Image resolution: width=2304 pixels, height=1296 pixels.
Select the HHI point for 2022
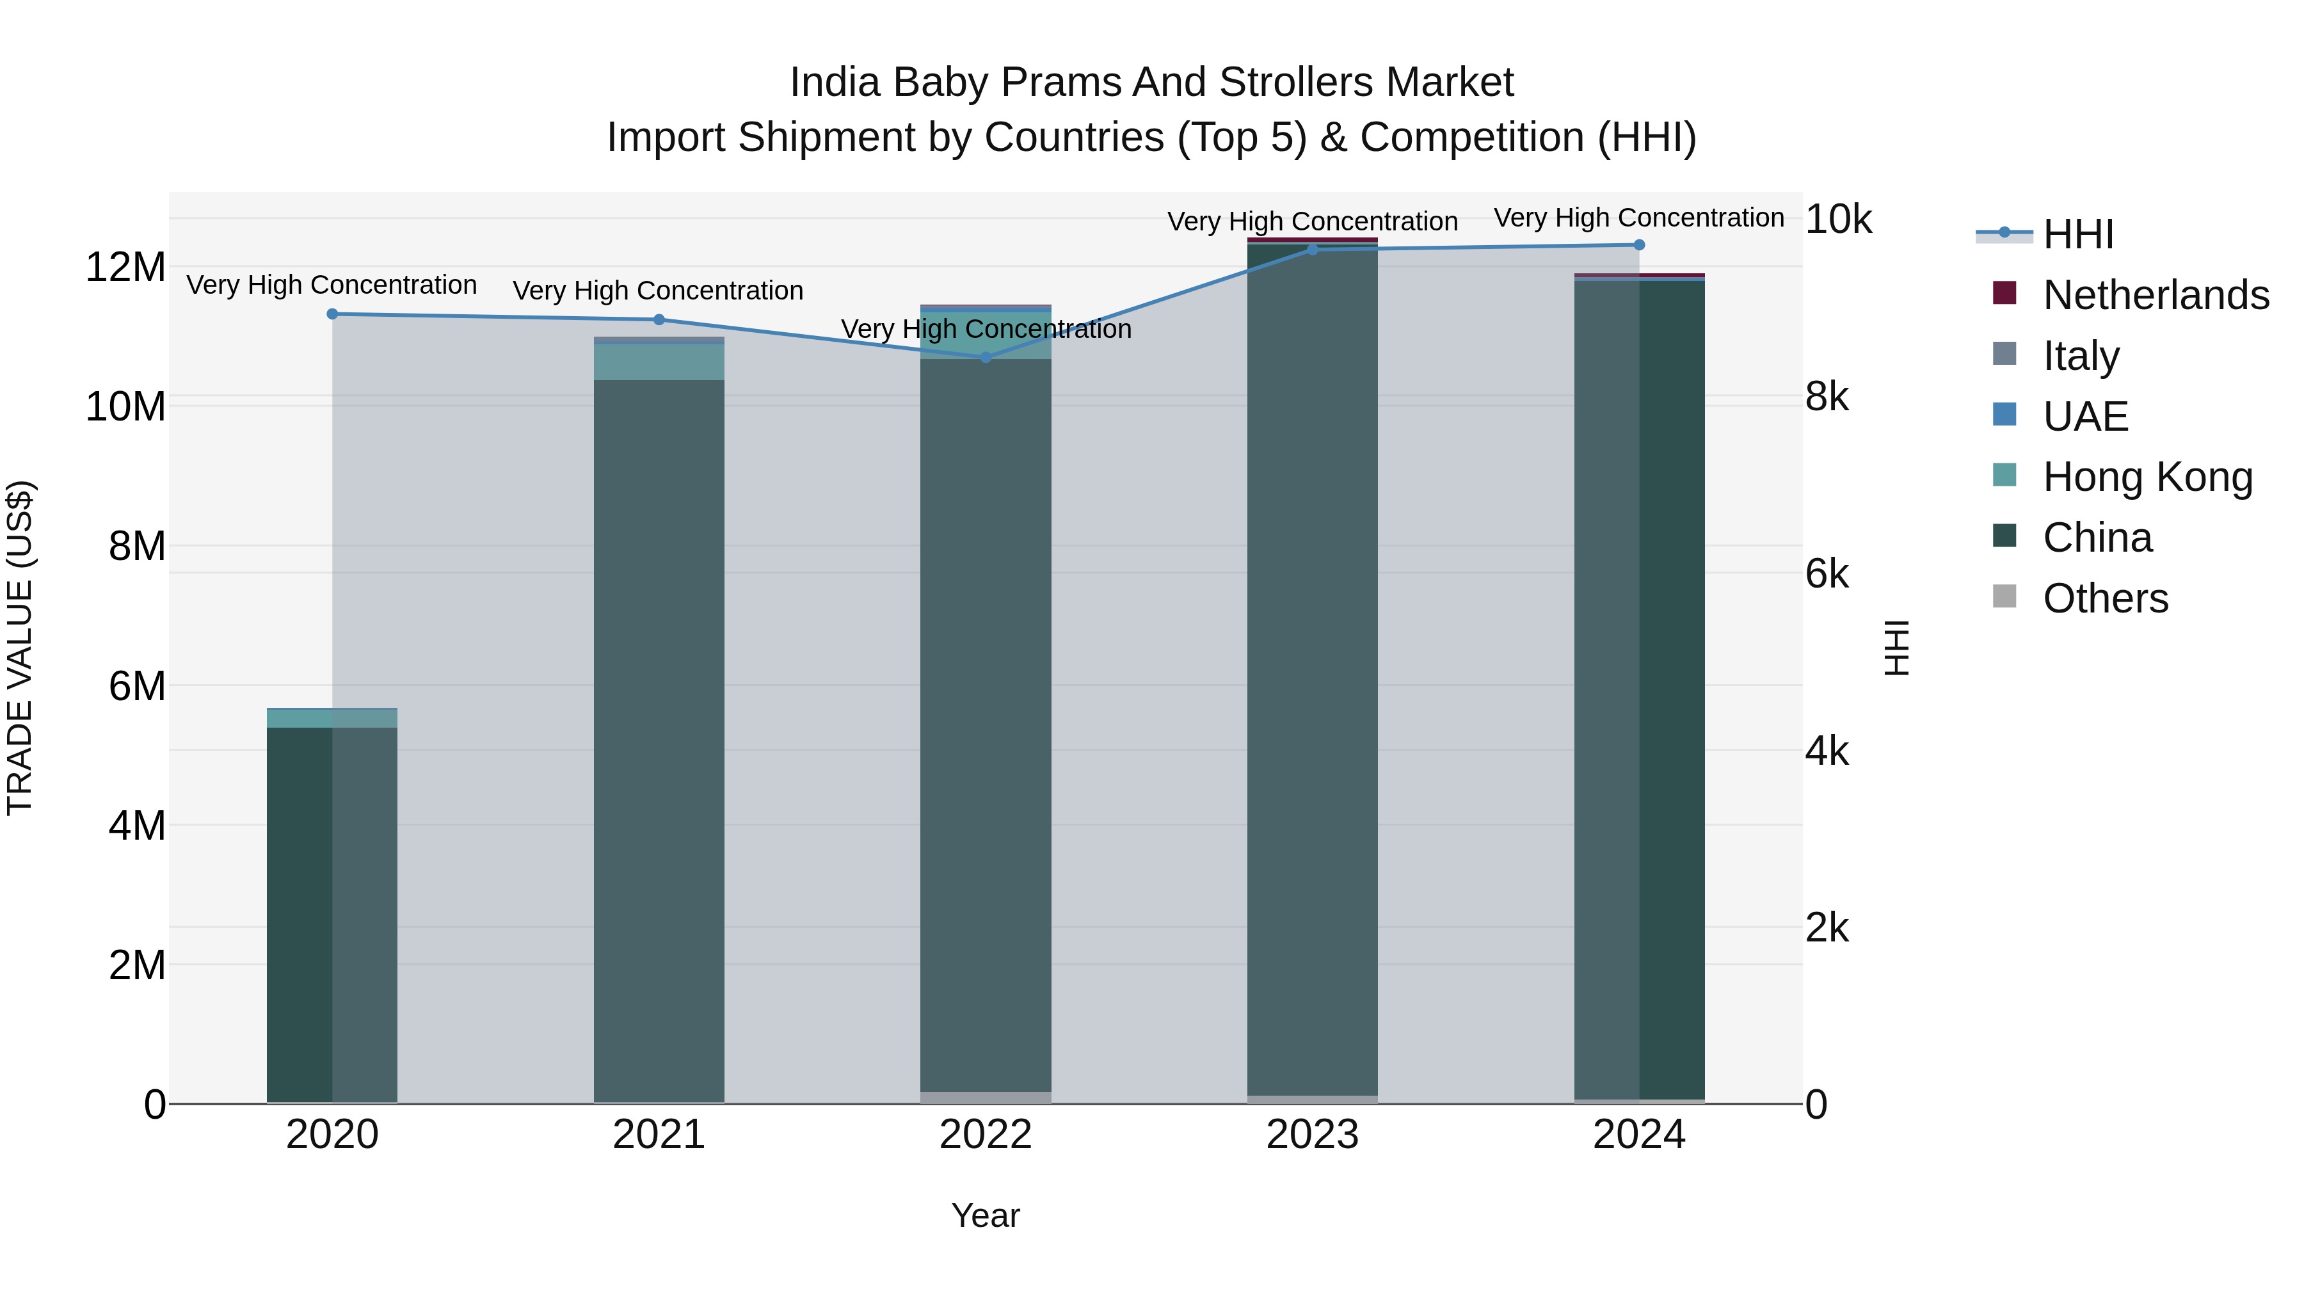point(986,358)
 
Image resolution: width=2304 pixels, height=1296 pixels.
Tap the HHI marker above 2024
point(1638,245)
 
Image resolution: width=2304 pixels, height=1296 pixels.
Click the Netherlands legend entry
point(2156,295)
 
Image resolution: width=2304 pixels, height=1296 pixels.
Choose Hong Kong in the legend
point(2147,477)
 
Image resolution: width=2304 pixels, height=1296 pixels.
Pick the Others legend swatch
point(2004,596)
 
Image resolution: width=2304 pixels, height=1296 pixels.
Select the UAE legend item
point(2085,417)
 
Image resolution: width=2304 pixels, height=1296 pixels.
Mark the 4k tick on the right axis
point(1827,751)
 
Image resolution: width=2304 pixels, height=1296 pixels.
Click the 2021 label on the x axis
point(659,1135)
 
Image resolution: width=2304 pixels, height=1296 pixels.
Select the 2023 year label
point(1312,1135)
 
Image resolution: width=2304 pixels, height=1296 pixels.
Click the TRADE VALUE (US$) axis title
point(20,648)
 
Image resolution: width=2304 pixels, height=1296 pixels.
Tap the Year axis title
point(986,1215)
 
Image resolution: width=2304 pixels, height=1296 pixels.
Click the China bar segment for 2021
point(659,733)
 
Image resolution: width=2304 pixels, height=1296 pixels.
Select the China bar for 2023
point(1312,671)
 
